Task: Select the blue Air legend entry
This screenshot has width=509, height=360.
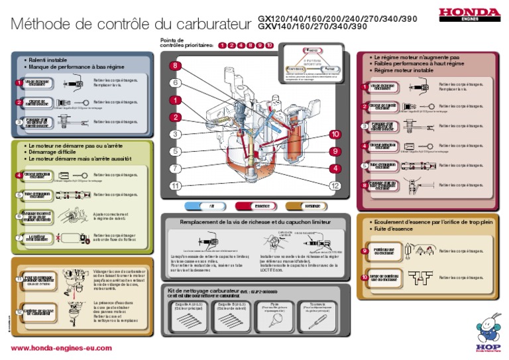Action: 203,206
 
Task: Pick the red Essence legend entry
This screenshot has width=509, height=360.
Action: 253,206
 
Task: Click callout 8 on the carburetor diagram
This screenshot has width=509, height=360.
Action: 175,66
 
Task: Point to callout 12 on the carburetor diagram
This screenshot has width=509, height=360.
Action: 335,186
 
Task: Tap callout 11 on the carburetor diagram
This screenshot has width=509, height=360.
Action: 175,186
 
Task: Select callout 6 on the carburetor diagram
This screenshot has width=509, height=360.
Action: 175,83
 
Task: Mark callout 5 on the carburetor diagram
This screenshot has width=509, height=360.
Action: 175,151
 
